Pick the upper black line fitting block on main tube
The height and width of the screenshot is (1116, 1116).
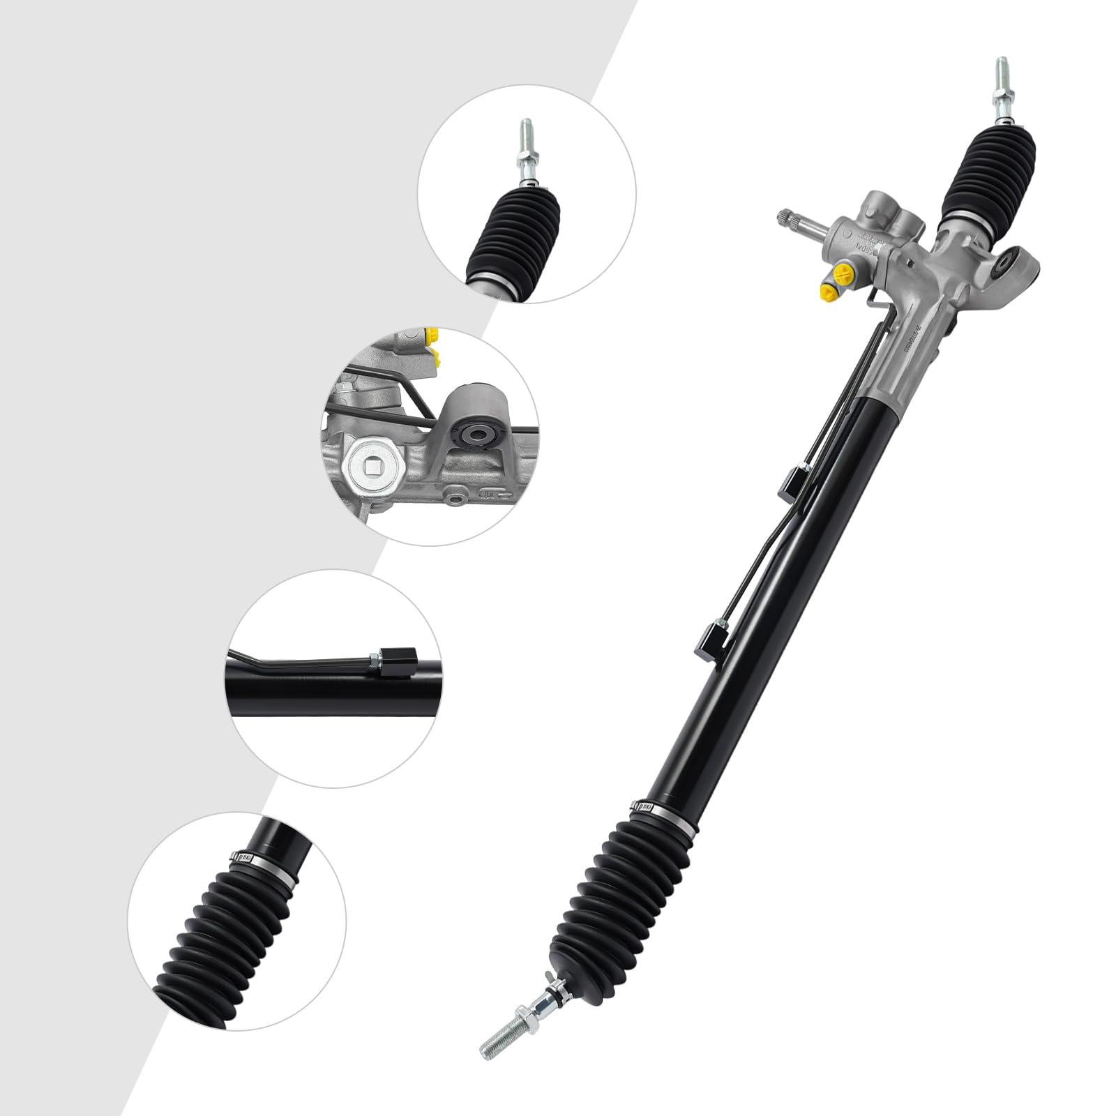pyautogui.click(x=789, y=483)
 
